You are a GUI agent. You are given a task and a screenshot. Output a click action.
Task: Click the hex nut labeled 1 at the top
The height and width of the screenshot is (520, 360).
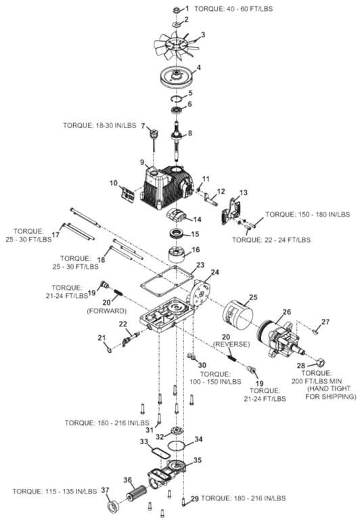[177, 10]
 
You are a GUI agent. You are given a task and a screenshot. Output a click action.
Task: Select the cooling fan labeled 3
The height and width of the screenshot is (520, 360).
[176, 46]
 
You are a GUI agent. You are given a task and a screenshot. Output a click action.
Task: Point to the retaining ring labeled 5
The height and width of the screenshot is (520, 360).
[176, 98]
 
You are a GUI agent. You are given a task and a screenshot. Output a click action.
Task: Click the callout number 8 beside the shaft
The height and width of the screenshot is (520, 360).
[190, 133]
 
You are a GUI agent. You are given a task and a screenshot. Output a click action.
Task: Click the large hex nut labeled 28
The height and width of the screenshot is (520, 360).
[321, 362]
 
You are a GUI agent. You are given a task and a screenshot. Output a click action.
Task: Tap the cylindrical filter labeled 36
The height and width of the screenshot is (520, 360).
[136, 492]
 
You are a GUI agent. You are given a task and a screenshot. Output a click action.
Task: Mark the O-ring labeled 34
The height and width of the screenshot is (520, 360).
[176, 446]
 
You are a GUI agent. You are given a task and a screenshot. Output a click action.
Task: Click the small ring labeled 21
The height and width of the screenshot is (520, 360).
[110, 349]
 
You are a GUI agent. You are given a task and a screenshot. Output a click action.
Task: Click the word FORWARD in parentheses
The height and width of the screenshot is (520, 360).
[107, 311]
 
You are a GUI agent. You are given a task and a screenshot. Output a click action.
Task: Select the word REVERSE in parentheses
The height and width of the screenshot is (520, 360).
[231, 344]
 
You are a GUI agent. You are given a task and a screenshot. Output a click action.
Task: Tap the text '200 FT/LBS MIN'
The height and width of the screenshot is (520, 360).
[317, 381]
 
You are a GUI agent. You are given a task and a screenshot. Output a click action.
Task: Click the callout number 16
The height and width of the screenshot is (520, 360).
[196, 249]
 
